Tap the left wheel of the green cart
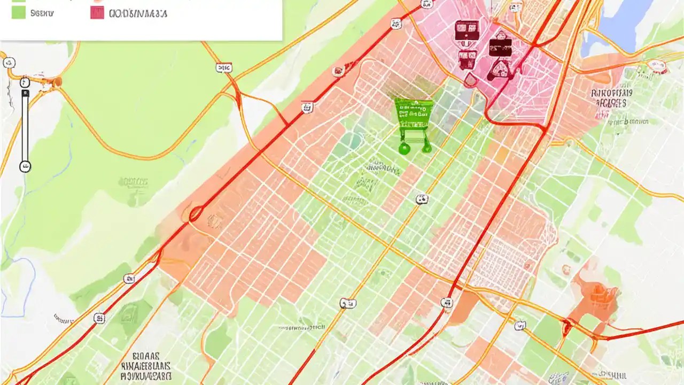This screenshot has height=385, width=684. click(403, 149)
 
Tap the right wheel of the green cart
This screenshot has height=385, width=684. click(426, 149)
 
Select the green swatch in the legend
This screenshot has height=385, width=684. click(19, 12)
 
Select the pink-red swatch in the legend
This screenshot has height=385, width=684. click(97, 13)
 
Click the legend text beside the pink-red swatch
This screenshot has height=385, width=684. click(137, 13)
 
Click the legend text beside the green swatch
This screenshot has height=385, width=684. click(42, 13)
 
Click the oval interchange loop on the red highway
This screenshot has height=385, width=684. click(196, 214)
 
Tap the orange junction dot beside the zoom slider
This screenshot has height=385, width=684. click(57, 82)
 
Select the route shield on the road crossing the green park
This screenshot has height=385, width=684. click(224, 68)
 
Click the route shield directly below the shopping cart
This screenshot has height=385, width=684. click(422, 199)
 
